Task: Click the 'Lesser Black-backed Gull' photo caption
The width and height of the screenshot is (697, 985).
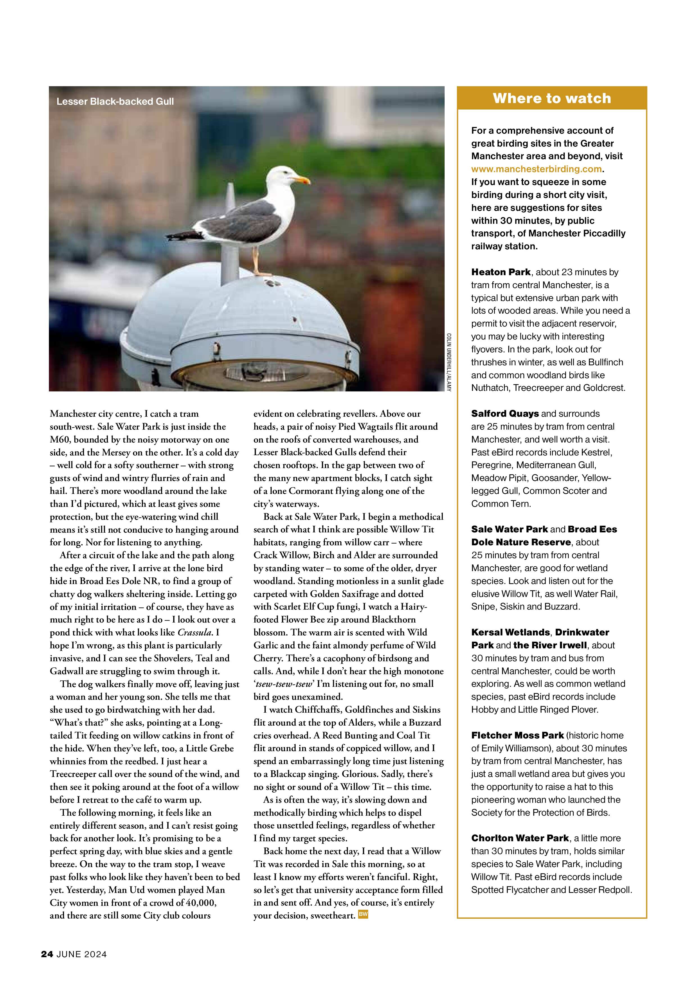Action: coord(115,102)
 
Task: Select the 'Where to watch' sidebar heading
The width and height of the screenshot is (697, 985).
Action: coord(552,98)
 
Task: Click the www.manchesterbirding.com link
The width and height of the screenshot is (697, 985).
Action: coord(537,169)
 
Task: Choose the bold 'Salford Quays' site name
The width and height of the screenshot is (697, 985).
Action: coord(505,414)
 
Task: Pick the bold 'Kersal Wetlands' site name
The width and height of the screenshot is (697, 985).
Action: coord(510,632)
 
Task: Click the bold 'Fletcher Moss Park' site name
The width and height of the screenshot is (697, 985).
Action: coord(517,735)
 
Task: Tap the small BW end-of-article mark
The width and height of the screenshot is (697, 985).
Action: coord(363,915)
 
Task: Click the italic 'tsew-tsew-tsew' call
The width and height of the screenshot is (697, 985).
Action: coord(284,684)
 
